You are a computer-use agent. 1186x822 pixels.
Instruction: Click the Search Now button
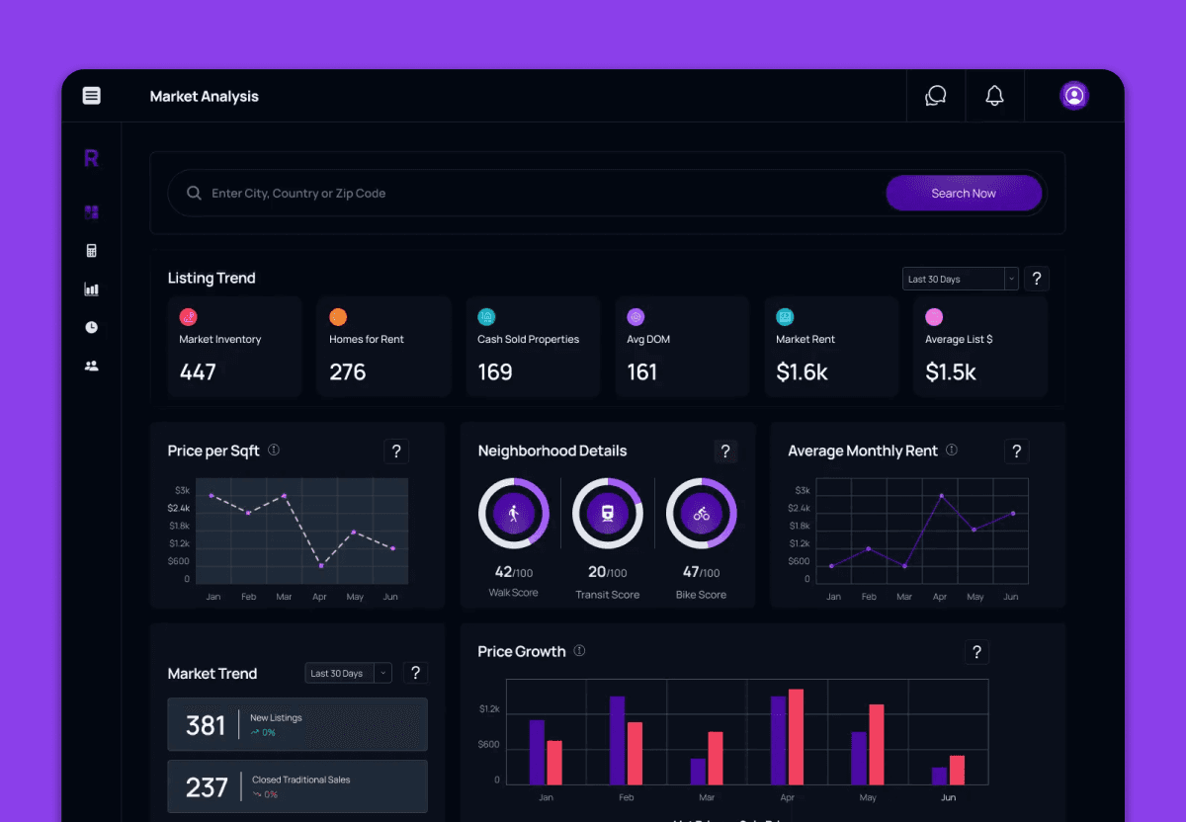[x=964, y=194]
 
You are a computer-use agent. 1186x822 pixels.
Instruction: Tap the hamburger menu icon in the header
[x=92, y=96]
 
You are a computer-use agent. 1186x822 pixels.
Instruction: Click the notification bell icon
[x=994, y=96]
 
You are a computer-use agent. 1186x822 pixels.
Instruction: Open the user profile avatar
[x=1073, y=96]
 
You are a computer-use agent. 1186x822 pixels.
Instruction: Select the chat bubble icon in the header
[x=935, y=96]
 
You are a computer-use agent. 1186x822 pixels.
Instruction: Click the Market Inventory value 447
[x=198, y=372]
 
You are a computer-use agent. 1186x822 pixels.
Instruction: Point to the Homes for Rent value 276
[x=348, y=372]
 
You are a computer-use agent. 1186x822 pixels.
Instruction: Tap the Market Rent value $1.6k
[x=802, y=372]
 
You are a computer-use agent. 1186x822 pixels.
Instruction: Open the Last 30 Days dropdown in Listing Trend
[x=960, y=280]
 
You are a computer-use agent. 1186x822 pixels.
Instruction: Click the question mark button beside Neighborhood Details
[x=725, y=452]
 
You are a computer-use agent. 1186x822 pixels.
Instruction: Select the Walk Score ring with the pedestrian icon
[x=513, y=514]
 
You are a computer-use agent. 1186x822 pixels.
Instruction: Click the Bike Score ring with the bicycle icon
[x=701, y=514]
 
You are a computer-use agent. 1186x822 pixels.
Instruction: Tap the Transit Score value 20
[x=597, y=572]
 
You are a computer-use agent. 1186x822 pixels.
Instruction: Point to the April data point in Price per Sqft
[x=321, y=565]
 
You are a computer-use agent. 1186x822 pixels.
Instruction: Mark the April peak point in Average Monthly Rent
[x=941, y=495]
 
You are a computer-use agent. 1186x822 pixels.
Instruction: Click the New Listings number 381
[x=206, y=726]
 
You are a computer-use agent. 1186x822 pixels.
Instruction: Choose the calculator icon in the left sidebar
[x=92, y=251]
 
